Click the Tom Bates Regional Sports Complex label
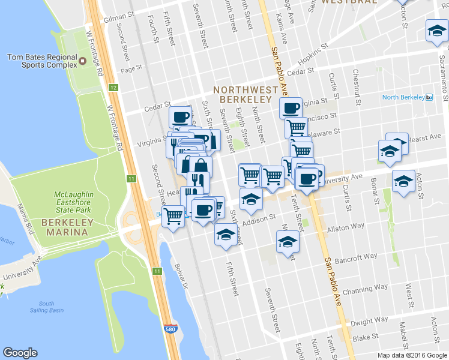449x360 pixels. point(43,61)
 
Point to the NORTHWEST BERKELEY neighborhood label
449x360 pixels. point(246,94)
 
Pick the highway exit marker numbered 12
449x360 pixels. point(113,88)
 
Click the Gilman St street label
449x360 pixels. point(116,18)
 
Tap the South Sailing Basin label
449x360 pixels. point(50,307)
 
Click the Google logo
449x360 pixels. point(20,353)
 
